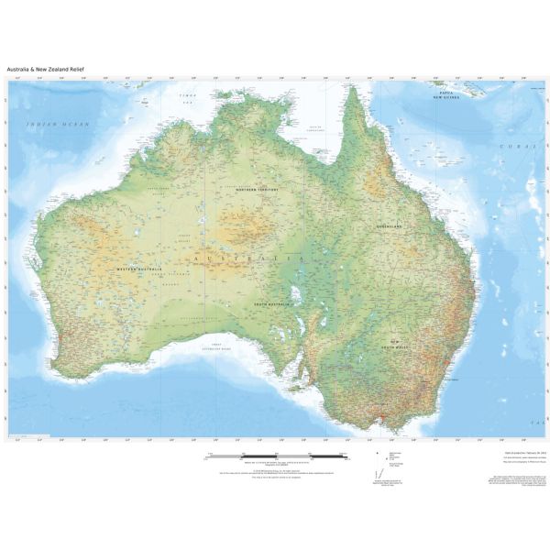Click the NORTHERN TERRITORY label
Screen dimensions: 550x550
coord(258,190)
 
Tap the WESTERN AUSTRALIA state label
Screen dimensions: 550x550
coord(138,269)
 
